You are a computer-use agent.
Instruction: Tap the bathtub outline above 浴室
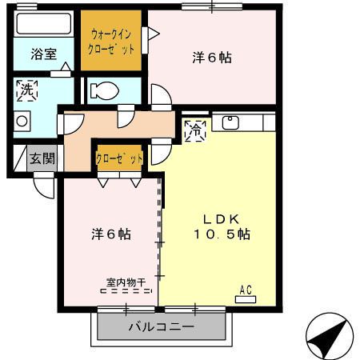point(43,25)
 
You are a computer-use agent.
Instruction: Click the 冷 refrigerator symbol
point(195,130)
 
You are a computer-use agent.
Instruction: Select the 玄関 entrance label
point(42,158)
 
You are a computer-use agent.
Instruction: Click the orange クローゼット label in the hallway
point(120,158)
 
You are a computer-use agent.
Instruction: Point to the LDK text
point(221,219)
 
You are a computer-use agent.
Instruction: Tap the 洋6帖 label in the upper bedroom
point(212,58)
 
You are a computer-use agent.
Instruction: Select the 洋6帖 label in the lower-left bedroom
point(110,235)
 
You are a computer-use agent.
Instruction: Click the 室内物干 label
point(126,282)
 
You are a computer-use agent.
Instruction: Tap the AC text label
point(246,290)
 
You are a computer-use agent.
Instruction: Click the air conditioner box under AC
point(246,299)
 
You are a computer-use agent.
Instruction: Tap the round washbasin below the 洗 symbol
point(22,122)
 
